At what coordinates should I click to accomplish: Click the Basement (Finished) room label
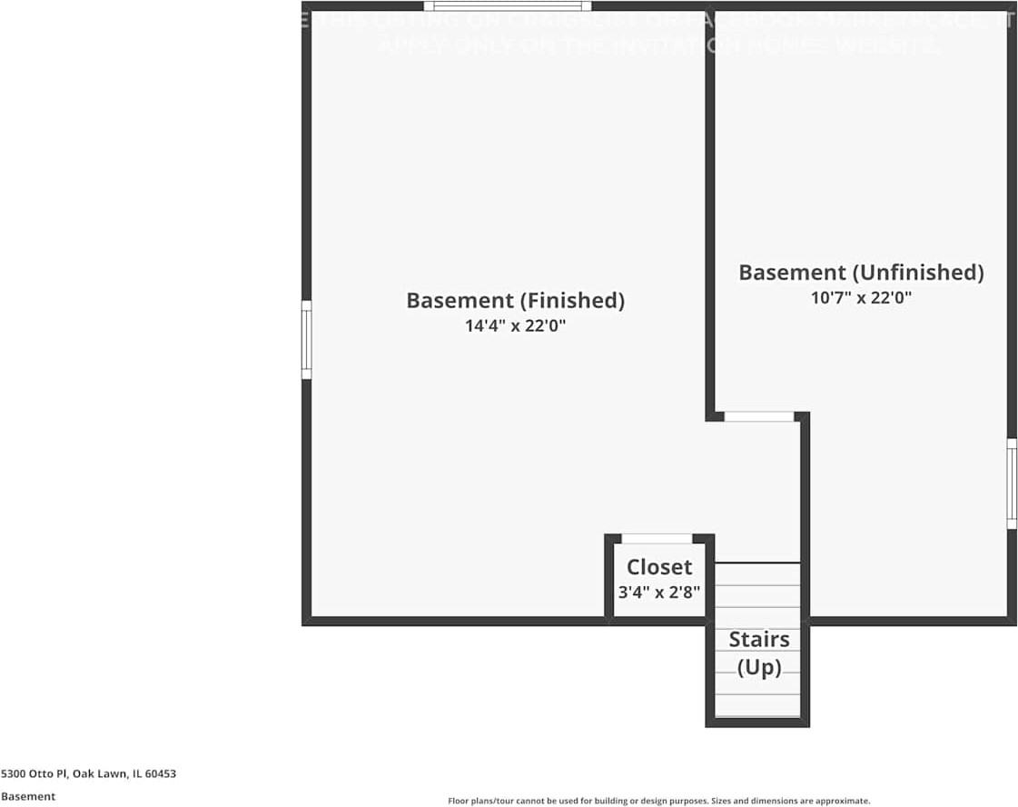(x=515, y=301)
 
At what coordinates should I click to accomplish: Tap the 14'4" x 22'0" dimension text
(x=515, y=326)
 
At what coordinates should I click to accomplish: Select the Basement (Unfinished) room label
(x=861, y=273)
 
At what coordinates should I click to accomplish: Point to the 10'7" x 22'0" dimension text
(x=861, y=297)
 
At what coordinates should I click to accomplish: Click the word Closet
(x=659, y=567)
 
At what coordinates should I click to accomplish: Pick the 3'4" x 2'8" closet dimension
(x=659, y=592)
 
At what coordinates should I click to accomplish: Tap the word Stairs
(x=759, y=640)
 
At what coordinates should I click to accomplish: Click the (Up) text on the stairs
(x=759, y=668)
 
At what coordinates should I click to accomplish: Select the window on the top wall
(x=507, y=6)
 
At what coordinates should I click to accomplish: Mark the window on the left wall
(x=307, y=340)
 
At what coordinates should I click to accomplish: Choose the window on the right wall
(x=1012, y=483)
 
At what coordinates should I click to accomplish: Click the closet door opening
(x=657, y=539)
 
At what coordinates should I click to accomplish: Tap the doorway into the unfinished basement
(x=759, y=417)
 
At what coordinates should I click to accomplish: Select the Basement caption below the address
(x=28, y=796)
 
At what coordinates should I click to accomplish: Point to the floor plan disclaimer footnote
(x=658, y=801)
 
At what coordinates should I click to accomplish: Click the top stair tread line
(x=757, y=563)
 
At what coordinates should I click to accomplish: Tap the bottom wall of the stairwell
(x=757, y=722)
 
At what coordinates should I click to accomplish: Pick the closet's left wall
(x=609, y=578)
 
